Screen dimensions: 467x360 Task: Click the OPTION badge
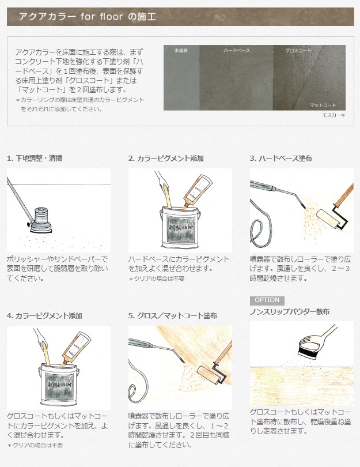pyautogui.click(x=266, y=300)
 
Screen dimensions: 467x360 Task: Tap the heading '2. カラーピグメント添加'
pyautogui.click(x=166, y=158)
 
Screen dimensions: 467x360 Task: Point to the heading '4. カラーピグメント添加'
pyautogui.click(x=44, y=316)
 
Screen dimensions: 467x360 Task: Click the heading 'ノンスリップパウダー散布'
pyautogui.click(x=290, y=312)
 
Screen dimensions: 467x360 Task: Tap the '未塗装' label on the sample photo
pyautogui.click(x=181, y=51)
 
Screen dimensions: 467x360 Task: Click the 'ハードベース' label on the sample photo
pyautogui.click(x=236, y=51)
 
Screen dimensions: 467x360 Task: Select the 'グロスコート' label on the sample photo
pyautogui.click(x=298, y=51)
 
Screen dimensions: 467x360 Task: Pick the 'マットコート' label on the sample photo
pyautogui.click(x=323, y=105)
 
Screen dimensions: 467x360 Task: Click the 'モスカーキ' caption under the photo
pyautogui.click(x=334, y=115)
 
